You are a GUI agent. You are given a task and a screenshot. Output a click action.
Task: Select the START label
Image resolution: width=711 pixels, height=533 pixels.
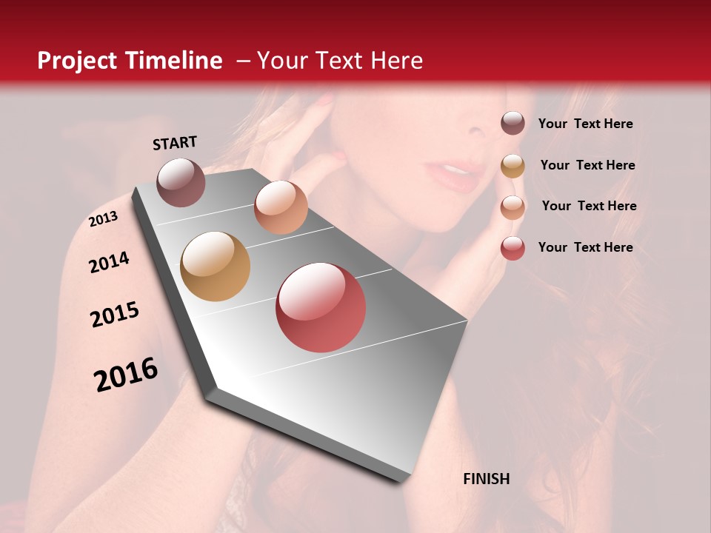(175, 142)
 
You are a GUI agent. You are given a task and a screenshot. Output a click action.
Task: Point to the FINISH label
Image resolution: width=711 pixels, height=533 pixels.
(487, 479)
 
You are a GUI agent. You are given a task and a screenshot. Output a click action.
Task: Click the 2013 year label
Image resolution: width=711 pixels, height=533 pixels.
(103, 218)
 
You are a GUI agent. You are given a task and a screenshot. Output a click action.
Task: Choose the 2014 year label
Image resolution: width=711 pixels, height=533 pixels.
(109, 262)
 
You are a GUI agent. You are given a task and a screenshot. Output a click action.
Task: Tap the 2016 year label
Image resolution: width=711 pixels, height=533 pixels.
(126, 375)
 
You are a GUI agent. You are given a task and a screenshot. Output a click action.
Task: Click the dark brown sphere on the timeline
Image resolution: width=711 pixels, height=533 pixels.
(181, 182)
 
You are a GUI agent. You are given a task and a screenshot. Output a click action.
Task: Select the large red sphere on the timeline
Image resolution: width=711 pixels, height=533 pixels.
(321, 307)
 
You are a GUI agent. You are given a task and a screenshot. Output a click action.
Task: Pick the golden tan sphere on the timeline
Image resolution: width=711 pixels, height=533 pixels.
(216, 266)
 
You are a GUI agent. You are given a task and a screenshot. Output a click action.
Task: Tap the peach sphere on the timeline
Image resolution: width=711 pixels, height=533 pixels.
(281, 207)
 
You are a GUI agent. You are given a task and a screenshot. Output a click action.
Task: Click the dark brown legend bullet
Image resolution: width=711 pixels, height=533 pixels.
(513, 123)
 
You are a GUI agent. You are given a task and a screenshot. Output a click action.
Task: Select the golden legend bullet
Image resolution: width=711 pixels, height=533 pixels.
(513, 165)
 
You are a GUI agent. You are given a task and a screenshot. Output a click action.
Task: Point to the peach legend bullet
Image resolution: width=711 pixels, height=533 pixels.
(513, 207)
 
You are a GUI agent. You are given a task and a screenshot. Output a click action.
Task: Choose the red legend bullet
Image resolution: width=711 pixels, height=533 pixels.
(513, 248)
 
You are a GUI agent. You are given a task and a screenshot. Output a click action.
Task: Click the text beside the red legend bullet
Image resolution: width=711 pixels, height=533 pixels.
(585, 247)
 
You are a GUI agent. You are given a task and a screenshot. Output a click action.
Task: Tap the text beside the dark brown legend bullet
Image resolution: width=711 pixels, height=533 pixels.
(585, 124)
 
